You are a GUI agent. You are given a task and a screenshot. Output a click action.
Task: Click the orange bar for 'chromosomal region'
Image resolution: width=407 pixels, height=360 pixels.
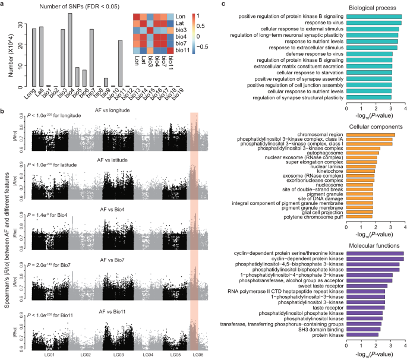[x=370, y=135]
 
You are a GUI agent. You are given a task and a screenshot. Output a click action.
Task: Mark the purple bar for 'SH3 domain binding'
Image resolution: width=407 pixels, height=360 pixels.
[x=363, y=329]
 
